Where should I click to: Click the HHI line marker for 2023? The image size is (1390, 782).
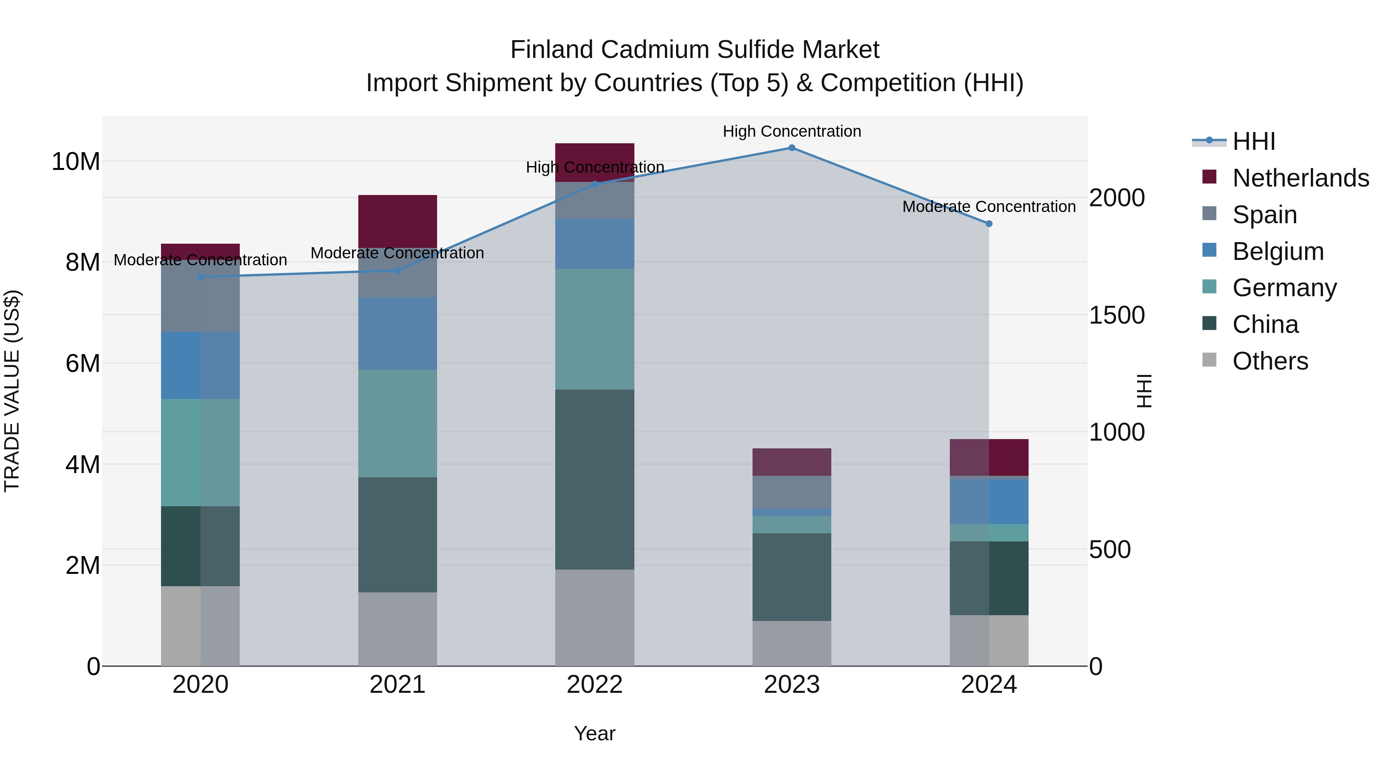click(x=792, y=148)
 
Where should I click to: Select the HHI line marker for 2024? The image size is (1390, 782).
click(x=988, y=224)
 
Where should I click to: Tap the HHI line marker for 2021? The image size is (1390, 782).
click(x=398, y=270)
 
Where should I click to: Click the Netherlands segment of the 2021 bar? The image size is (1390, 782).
click(x=398, y=221)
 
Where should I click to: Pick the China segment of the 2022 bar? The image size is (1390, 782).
click(x=595, y=479)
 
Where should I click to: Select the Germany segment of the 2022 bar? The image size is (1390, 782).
click(x=595, y=329)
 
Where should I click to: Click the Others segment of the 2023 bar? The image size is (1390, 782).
click(x=792, y=643)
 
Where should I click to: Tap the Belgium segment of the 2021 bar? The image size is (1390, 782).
click(x=398, y=334)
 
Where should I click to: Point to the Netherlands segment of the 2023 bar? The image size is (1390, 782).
click(x=792, y=462)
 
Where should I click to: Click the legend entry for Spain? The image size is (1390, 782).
click(x=1264, y=215)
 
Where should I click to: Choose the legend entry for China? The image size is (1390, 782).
click(x=1265, y=324)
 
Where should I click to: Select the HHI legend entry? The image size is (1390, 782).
click(x=1253, y=141)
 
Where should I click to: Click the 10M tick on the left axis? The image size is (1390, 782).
click(x=76, y=161)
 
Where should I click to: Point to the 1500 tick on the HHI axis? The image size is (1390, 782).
click(x=1116, y=315)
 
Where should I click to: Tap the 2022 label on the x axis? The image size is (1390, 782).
click(x=595, y=685)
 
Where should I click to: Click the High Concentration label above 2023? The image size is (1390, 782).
click(x=792, y=131)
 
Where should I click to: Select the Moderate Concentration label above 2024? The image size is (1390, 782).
click(x=988, y=207)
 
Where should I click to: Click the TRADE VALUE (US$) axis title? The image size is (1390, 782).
click(x=12, y=391)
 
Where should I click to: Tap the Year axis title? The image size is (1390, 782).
click(x=595, y=733)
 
